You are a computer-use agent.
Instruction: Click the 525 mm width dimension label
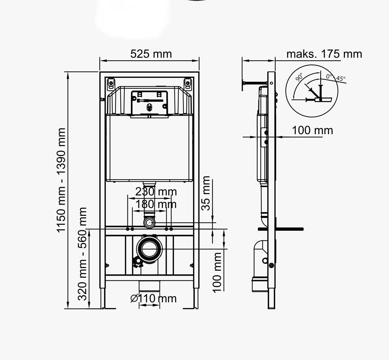pos(151,54)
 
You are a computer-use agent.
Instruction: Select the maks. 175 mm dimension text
pos(324,54)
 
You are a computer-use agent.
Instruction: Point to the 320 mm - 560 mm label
pos(83,254)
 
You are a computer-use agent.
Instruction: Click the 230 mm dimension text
pos(156,192)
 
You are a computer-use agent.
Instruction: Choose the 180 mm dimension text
pos(156,204)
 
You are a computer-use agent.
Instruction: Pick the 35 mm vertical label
pos(206,193)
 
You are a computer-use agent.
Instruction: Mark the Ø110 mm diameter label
pos(153,299)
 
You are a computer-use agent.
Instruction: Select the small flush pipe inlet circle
pos(149,223)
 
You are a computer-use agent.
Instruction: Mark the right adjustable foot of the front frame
pos(196,298)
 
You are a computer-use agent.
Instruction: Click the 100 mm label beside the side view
pos(312,130)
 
